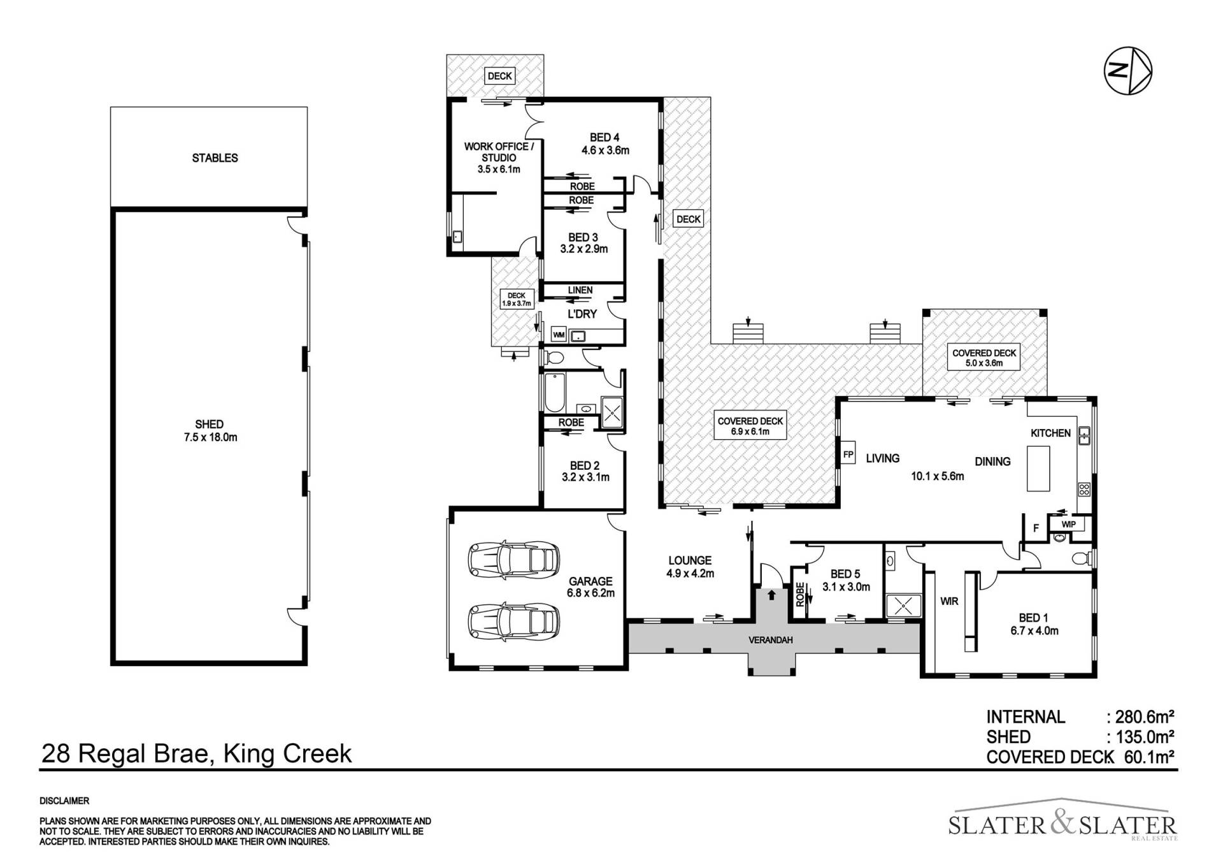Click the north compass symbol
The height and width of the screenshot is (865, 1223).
1127,71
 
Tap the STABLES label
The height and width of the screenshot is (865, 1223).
215,158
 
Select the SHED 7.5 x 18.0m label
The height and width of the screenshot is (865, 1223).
210,431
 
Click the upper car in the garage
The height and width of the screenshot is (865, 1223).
513,559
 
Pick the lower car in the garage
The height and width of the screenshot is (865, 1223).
513,621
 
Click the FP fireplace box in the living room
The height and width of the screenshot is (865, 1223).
848,454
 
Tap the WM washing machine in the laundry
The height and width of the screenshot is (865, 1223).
559,335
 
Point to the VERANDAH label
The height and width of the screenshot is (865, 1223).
770,640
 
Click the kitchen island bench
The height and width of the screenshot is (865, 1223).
1038,468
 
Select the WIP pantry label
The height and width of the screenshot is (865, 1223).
1068,525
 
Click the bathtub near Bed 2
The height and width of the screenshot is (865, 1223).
552,393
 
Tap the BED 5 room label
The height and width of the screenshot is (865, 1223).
845,574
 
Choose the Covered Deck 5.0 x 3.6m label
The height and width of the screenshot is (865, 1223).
984,358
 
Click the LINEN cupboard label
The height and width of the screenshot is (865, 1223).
580,290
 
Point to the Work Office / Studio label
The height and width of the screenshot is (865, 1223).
499,157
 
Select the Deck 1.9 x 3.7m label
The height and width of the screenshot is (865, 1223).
517,300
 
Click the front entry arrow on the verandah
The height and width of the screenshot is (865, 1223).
771,595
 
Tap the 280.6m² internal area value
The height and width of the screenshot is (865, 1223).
1145,717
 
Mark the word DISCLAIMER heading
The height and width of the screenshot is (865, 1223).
64,801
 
